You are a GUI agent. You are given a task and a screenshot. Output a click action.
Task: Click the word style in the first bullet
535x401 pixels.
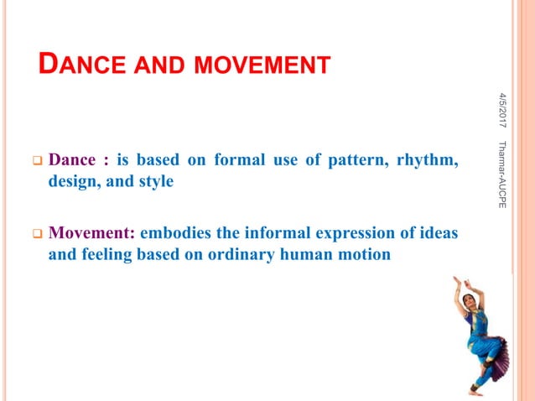click(155, 180)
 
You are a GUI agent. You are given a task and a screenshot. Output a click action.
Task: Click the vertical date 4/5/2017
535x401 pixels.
click(504, 109)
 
